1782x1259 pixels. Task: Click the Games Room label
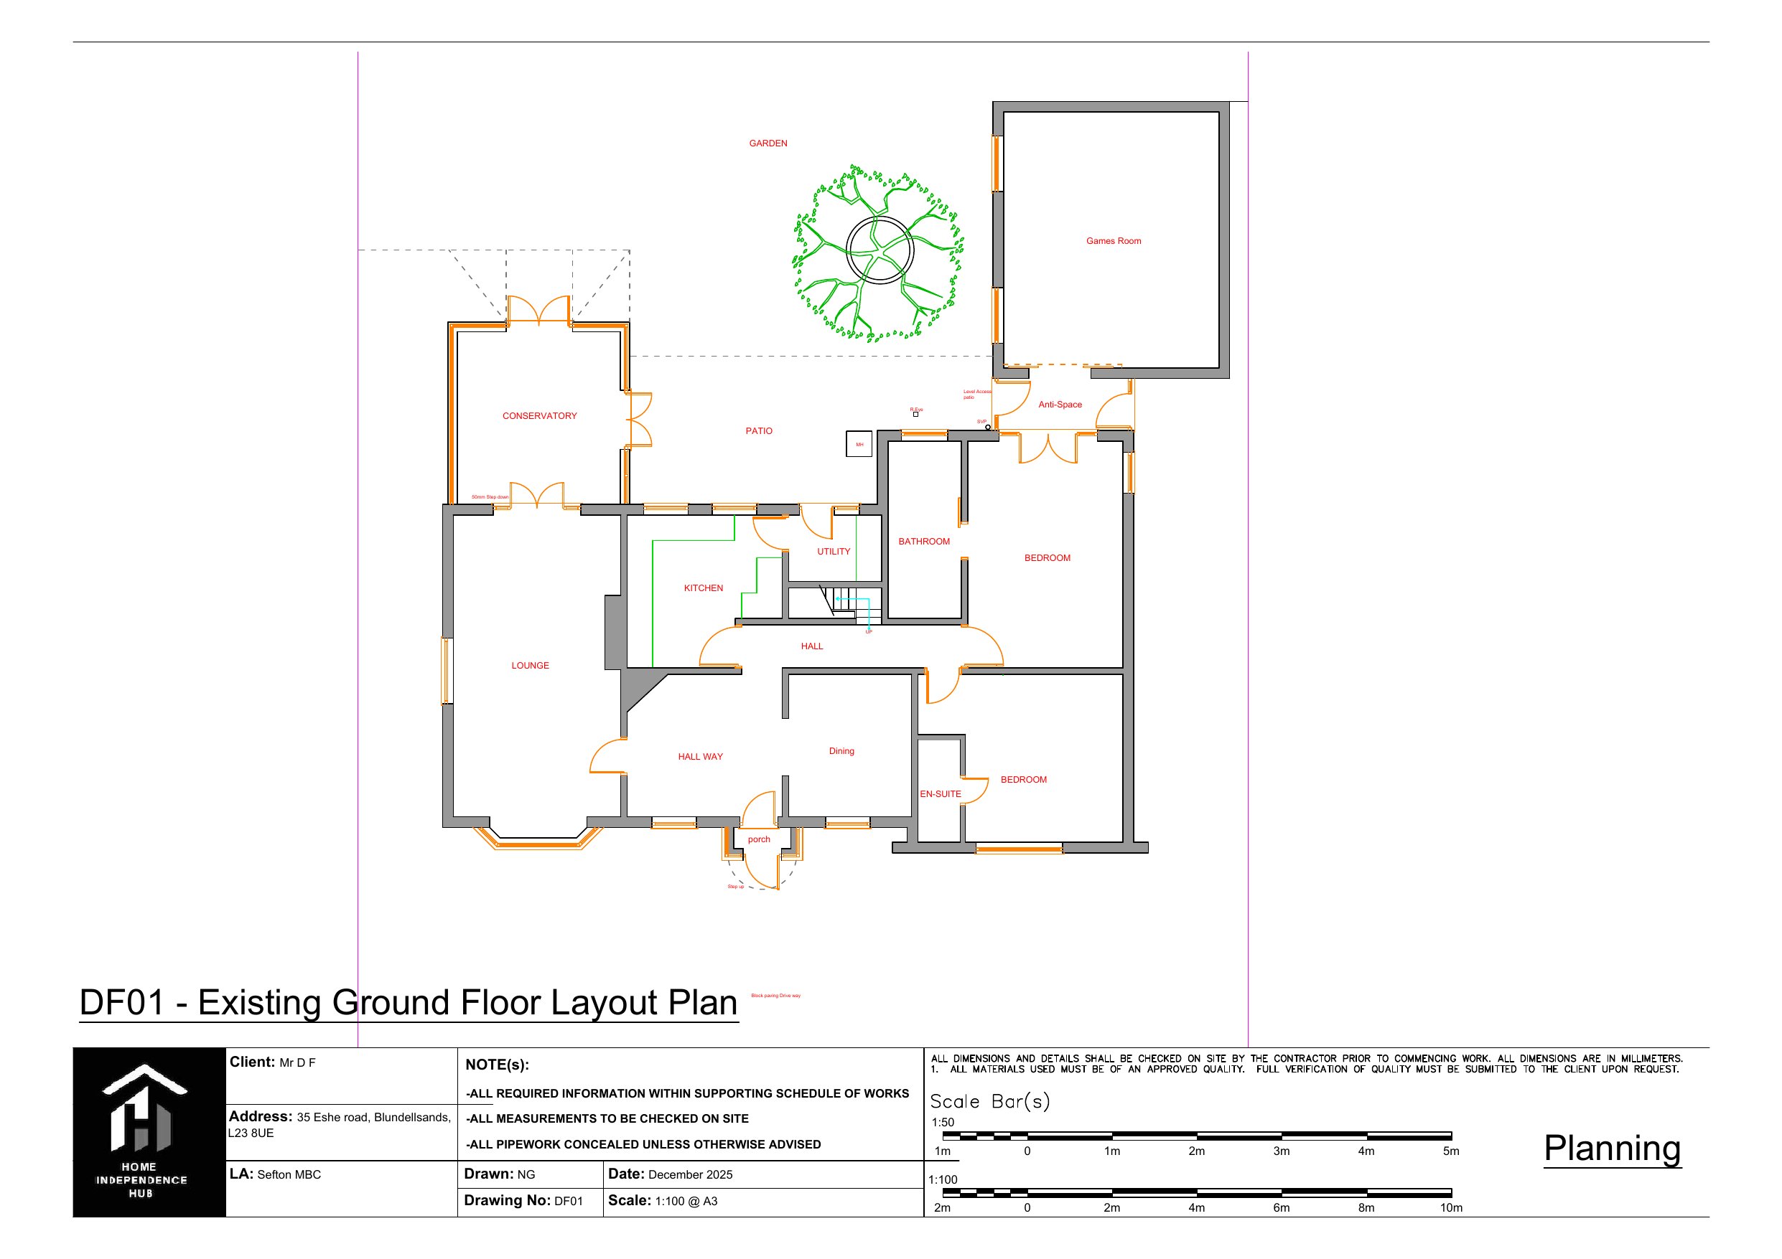[1113, 241]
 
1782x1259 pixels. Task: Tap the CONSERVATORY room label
[539, 417]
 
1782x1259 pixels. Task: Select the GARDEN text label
[768, 143]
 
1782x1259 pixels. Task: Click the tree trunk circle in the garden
[879, 250]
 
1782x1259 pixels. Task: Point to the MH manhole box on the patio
[859, 445]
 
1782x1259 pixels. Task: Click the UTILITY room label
[834, 552]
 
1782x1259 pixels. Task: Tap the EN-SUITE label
[940, 794]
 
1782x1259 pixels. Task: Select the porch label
[759, 839]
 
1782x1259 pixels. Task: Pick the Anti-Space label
[1060, 405]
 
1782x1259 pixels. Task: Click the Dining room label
[841, 751]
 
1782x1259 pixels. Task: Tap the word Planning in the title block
[1612, 1148]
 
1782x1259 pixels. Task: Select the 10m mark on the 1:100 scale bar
[1450, 1208]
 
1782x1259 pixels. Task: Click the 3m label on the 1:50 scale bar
[1282, 1151]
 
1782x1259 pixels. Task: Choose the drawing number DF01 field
[568, 1201]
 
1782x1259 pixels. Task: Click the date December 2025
[690, 1174]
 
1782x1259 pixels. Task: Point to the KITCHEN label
[703, 588]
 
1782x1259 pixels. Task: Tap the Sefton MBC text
[289, 1174]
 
